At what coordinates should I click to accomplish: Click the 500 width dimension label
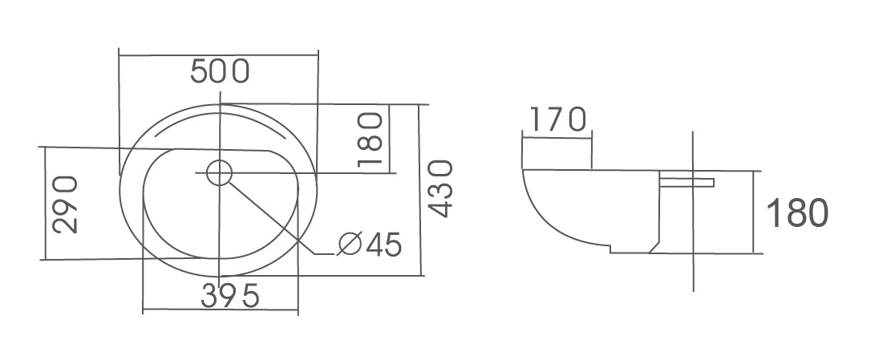pos(220,72)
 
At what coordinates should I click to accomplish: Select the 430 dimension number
pos(440,189)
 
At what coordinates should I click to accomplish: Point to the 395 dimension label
pos(230,297)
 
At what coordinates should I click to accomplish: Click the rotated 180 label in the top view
pos(370,140)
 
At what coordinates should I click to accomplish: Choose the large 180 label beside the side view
pos(797,213)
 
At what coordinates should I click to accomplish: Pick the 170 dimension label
pos(555,120)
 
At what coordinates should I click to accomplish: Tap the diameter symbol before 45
pos(350,245)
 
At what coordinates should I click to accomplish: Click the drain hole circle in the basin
pos(218,172)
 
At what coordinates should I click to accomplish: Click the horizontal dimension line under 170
pos(557,136)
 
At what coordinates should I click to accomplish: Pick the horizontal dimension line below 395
pos(220,310)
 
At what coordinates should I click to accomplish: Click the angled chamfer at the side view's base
pos(654,246)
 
